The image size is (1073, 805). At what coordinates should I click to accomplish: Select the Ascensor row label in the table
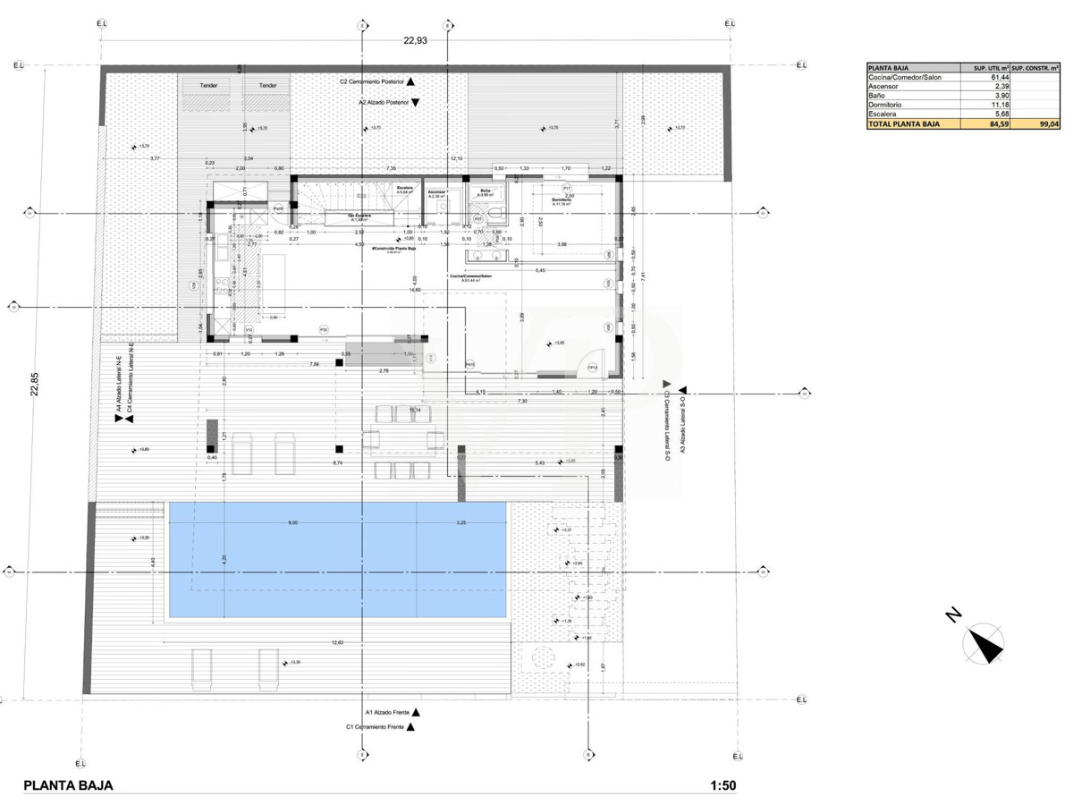(884, 86)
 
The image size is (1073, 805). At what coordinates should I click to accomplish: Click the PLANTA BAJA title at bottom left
(68, 786)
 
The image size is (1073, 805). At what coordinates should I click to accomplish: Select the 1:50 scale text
(722, 786)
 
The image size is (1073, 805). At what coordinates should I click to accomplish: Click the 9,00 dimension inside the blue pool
(292, 523)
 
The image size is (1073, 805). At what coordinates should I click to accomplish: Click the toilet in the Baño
(477, 216)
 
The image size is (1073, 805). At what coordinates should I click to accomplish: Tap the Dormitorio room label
(561, 199)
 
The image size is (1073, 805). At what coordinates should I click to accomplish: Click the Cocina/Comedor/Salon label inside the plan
(470, 275)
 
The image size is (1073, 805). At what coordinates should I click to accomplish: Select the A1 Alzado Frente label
(387, 712)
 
